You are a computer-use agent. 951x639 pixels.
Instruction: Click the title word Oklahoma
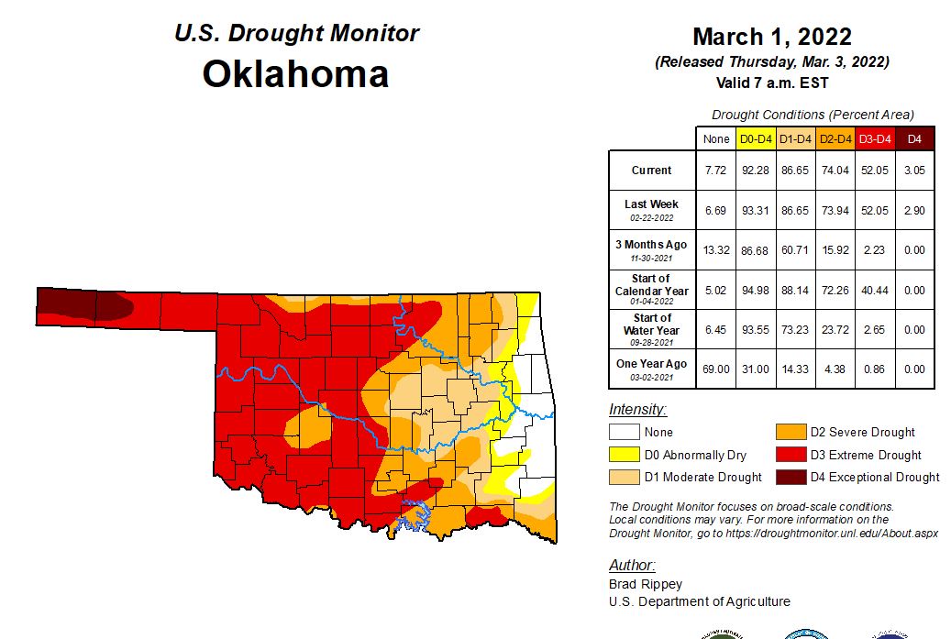coord(295,73)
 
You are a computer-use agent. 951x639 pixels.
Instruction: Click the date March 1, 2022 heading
coord(771,37)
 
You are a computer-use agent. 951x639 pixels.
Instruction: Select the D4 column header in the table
coord(914,138)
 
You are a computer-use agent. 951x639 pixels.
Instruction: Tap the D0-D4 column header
coord(755,138)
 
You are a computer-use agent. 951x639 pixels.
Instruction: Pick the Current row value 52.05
coord(874,171)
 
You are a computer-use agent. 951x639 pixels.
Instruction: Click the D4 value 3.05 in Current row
coord(914,171)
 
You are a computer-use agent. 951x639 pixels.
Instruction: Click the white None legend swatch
coord(625,432)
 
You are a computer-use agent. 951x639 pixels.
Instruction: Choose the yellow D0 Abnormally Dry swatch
coord(625,455)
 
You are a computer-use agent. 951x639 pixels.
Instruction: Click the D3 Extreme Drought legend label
coord(866,455)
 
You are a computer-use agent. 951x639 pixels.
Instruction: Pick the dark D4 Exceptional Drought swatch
coord(790,477)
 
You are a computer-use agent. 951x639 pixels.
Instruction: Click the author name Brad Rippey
coord(646,584)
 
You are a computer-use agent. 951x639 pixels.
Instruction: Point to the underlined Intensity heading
coord(637,409)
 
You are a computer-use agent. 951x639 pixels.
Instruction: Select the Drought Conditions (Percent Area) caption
coord(813,115)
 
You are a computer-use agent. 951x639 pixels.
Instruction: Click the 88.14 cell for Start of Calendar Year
coord(794,291)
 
